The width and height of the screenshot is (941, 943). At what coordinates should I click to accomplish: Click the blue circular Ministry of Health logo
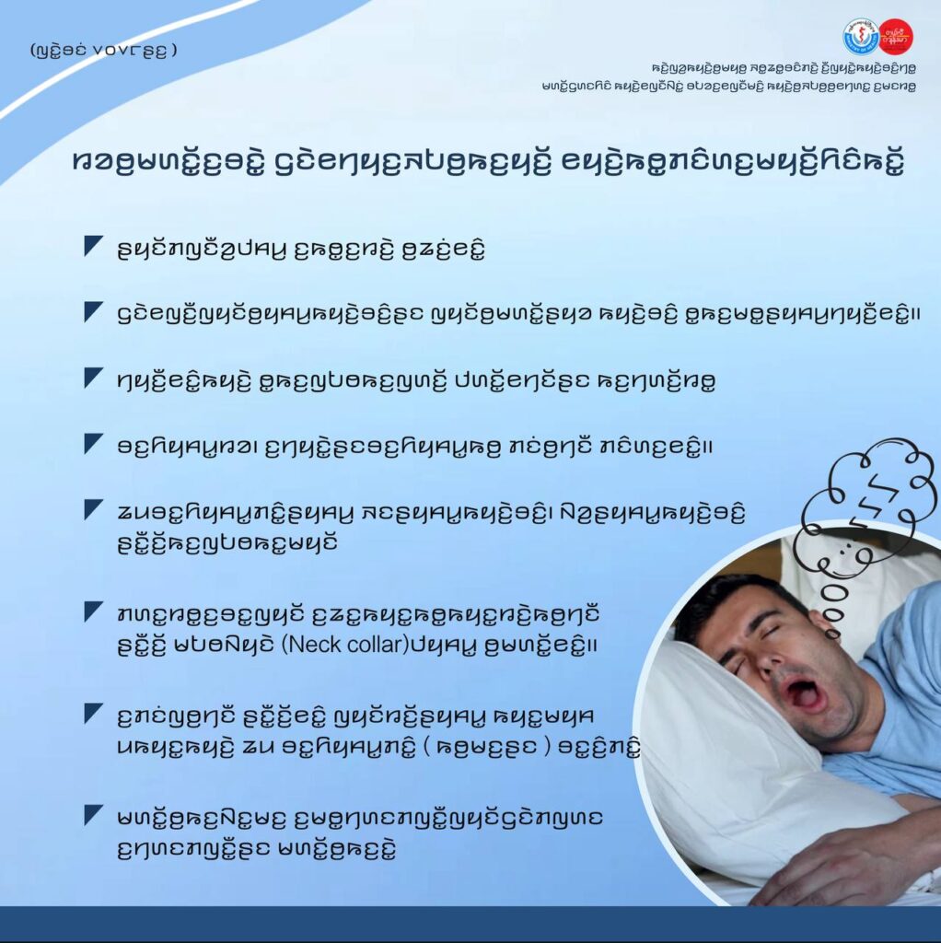[860, 36]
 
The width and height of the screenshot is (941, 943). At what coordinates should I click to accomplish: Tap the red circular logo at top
[896, 36]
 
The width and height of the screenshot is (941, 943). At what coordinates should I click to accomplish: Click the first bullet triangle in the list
[94, 247]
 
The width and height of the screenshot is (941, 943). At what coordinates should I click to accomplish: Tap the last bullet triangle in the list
[94, 816]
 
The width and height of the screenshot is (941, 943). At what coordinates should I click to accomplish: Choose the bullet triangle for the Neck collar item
[94, 612]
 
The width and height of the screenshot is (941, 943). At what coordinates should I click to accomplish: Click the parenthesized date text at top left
[103, 50]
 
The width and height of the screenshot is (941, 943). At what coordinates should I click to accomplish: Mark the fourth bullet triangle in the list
[94, 444]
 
